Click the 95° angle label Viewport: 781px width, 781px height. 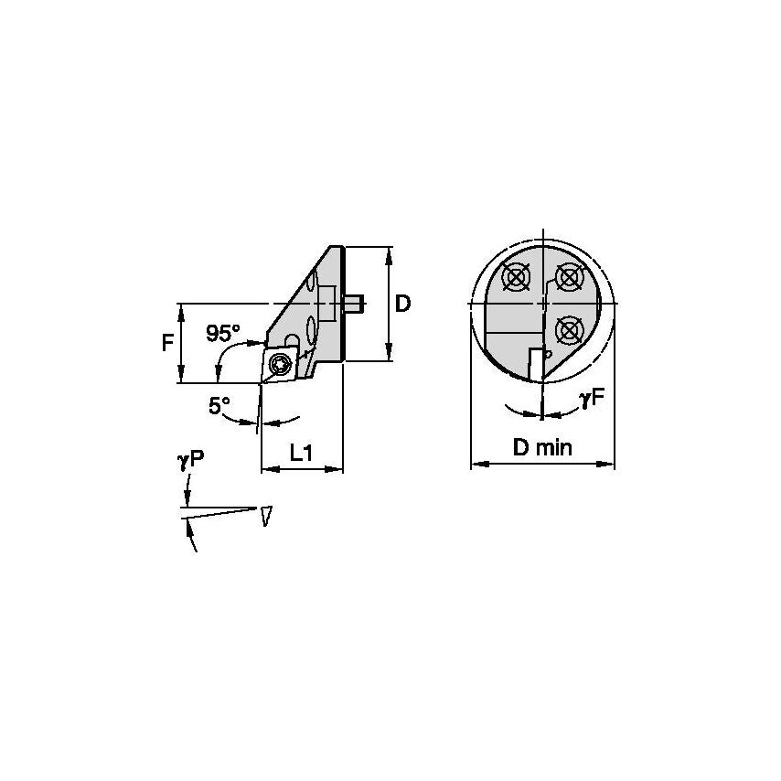223,333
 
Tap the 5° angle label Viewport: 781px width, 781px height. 219,407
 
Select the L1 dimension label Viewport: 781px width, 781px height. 303,452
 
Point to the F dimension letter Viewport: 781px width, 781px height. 167,343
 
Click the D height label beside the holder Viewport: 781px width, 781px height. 402,304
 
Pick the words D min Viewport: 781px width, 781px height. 541,448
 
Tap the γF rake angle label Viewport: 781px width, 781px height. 590,398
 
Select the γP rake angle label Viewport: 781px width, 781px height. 189,462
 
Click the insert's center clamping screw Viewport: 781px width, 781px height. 280,366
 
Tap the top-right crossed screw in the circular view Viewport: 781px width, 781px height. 570,274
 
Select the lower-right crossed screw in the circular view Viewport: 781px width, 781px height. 570,326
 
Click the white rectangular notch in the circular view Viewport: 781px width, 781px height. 533,363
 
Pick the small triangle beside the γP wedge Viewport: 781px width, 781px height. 266,516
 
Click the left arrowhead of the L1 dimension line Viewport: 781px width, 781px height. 266,469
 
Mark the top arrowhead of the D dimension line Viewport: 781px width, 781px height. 390,252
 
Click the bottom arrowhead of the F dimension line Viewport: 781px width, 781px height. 183,378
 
